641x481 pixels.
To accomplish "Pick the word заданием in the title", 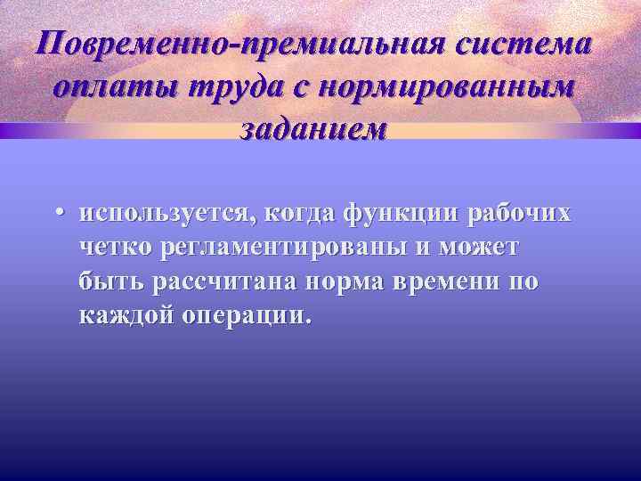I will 313,129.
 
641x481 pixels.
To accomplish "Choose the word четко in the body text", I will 115,249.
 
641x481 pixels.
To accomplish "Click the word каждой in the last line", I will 118,317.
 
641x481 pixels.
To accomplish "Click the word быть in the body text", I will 110,283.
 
